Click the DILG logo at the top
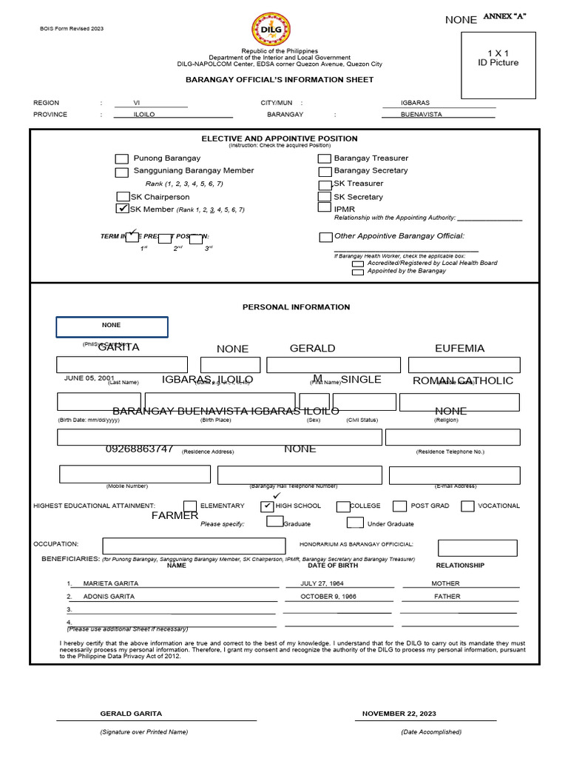(x=271, y=30)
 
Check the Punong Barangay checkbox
(x=121, y=159)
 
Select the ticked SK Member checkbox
(x=123, y=209)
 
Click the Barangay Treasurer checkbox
(x=325, y=158)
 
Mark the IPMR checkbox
(x=324, y=208)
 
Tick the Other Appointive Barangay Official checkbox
(x=325, y=237)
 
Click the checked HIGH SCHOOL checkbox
(x=267, y=506)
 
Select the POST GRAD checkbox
(x=399, y=506)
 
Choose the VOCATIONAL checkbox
(x=467, y=506)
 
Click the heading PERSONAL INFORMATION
(x=296, y=307)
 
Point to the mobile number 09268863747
(x=140, y=449)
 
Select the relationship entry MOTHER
(x=445, y=583)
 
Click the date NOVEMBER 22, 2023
(x=399, y=714)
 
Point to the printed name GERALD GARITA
(x=131, y=714)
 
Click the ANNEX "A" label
(x=504, y=16)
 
